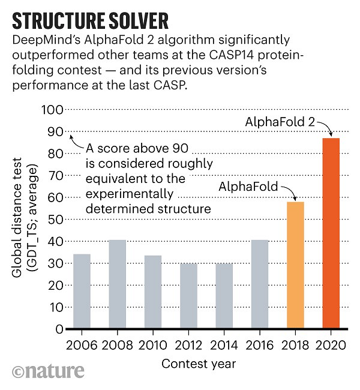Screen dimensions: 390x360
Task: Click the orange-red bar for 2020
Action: [331, 234]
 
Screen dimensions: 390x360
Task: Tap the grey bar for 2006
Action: [82, 292]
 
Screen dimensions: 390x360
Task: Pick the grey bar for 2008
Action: [118, 284]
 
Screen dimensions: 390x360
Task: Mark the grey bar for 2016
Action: [260, 284]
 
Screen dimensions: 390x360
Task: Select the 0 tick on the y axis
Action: [58, 329]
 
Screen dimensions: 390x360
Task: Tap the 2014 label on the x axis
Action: [224, 346]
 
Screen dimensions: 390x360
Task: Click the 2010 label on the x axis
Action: [153, 346]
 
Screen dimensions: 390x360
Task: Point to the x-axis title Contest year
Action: [200, 364]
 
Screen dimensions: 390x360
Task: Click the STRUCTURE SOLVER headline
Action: [90, 22]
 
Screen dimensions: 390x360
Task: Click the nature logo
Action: [47, 371]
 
